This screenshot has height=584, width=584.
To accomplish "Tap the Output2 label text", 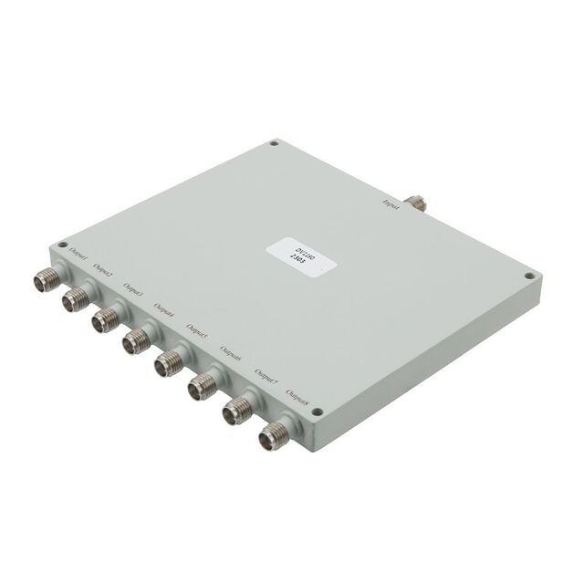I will pyautogui.click(x=105, y=271).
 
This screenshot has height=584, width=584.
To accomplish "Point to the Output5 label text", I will pyautogui.click(x=197, y=332).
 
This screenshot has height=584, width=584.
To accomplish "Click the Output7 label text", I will pyautogui.click(x=266, y=377).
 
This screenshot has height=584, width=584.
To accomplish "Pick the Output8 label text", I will pyautogui.click(x=297, y=399).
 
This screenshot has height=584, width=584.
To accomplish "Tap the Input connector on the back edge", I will pyautogui.click(x=419, y=203).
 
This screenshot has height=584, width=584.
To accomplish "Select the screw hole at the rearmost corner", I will pyautogui.click(x=274, y=143).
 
